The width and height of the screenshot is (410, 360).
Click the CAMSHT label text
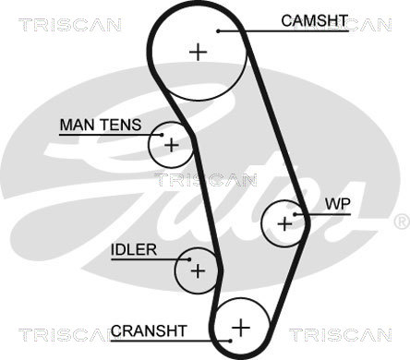pos(314,21)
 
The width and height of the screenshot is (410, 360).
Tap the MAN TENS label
pos(101,125)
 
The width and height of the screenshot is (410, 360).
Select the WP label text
pos(338,204)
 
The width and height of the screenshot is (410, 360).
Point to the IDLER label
pos(134,250)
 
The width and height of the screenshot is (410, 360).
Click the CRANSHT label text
pos(149,331)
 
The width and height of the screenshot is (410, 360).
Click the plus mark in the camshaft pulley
pos(199,52)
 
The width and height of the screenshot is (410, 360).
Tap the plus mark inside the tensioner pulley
pos(172,145)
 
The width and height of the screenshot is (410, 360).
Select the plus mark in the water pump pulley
pos(284,223)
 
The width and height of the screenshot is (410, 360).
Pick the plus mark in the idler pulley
pos(198,271)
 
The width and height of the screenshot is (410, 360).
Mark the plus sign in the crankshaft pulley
pos(241,328)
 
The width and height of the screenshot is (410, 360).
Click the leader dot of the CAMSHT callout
pos(218,31)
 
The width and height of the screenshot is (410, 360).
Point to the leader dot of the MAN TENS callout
pos(162,135)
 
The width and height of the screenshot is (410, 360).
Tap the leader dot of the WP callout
pos(295,214)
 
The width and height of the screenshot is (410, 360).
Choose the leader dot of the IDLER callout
pos(189,259)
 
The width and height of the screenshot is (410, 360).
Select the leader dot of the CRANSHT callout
pos(230,341)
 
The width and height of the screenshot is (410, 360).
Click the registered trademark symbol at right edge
pos(402,222)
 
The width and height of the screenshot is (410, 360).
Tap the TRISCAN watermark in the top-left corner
pos(70,25)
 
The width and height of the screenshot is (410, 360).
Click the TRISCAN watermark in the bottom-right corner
pos(340,335)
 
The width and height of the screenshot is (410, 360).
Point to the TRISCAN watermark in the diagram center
pos(205,180)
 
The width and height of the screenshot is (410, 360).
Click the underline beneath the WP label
pos(323,214)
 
